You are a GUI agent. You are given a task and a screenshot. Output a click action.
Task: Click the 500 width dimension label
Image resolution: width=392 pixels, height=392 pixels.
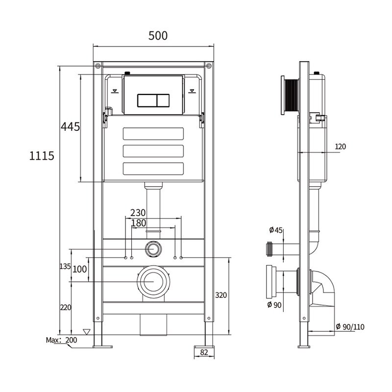tap(158, 36)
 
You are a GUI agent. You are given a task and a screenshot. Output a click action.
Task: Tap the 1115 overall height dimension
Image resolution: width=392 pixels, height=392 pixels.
tap(42, 156)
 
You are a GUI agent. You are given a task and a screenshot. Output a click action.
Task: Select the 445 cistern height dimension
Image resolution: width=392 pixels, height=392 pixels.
tap(70, 127)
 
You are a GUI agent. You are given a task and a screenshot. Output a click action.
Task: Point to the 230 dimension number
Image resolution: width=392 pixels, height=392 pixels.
tap(138, 213)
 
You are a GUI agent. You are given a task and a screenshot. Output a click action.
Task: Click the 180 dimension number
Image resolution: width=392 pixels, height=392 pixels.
tap(139, 223)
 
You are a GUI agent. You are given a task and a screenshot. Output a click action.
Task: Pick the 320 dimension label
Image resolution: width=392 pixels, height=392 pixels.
tap(221, 295)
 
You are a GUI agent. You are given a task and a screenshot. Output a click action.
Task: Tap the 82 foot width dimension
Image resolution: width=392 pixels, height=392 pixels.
tap(204, 352)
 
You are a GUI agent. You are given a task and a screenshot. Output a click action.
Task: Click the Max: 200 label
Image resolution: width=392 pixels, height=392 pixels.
tap(62, 340)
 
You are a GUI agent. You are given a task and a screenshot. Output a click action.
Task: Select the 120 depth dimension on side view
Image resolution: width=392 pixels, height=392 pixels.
tap(340, 147)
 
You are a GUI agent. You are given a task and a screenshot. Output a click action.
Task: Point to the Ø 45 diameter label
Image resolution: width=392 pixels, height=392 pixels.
tap(276, 230)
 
